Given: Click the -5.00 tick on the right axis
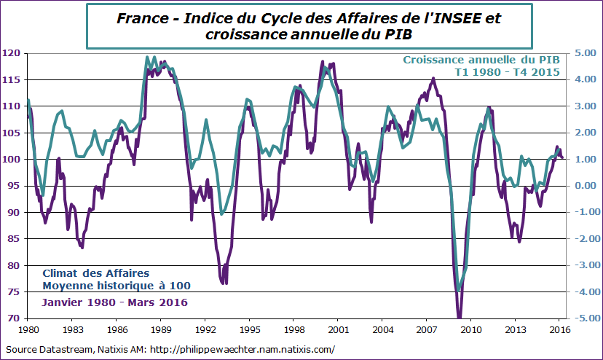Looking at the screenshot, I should pos(583,318).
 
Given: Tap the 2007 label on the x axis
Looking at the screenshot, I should pos(427,329).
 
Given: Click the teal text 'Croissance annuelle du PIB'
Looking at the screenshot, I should pos(480,60).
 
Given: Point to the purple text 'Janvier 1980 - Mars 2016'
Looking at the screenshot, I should pos(114,302).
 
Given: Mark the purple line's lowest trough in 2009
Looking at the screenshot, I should pos(459,317).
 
